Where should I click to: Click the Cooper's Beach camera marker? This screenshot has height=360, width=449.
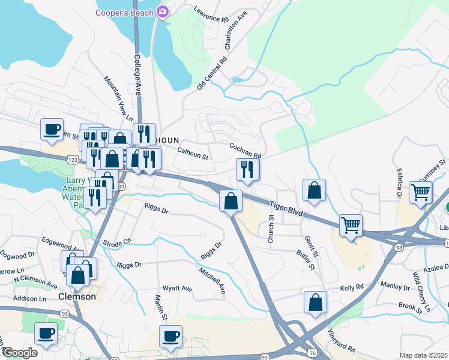pos(162,11)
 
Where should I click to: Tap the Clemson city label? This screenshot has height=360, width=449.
pos(77,296)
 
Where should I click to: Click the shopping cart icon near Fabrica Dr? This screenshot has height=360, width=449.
pos(421,193)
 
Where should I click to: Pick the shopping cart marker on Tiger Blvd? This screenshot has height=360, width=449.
pos(351,226)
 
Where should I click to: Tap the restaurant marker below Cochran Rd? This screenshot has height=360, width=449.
pos(247,170)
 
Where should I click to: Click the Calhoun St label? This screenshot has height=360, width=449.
pos(193,154)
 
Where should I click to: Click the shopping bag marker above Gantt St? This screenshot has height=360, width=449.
pos(314,190)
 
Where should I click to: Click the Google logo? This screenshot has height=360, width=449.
pos(20,353)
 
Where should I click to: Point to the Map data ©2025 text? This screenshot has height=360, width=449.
pos(423,355)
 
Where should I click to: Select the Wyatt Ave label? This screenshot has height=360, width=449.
pos(177,289)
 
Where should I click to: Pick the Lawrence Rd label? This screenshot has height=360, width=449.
pos(212,14)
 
